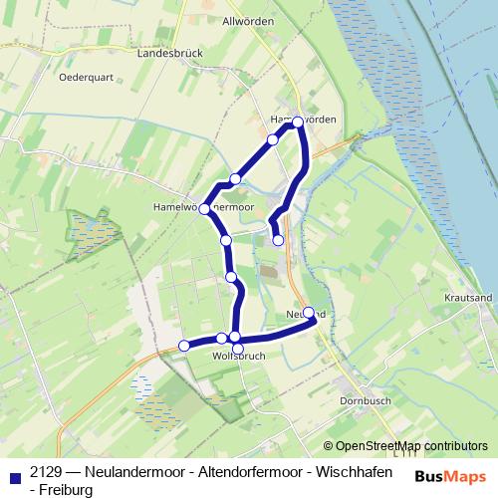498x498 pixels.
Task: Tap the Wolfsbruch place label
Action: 237,356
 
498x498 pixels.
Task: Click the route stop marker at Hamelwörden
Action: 298,122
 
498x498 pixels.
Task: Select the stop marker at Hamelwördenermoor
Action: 204,208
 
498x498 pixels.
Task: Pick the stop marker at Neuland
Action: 309,313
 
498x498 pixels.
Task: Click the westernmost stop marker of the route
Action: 183,346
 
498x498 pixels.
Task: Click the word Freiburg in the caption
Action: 67,490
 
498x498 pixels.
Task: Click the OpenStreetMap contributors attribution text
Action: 411,446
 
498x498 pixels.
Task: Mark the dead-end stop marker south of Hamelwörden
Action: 279,240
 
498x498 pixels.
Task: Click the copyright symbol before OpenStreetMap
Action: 329,446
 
